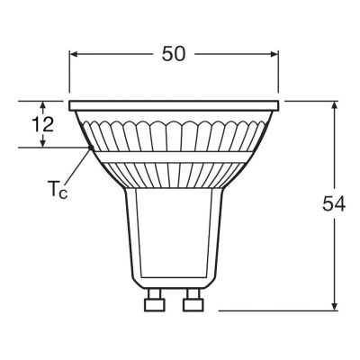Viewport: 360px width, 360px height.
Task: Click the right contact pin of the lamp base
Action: coord(192,301)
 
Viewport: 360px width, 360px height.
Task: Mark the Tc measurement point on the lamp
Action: coord(88,146)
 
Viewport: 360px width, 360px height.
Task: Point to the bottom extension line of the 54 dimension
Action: coord(279,309)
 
